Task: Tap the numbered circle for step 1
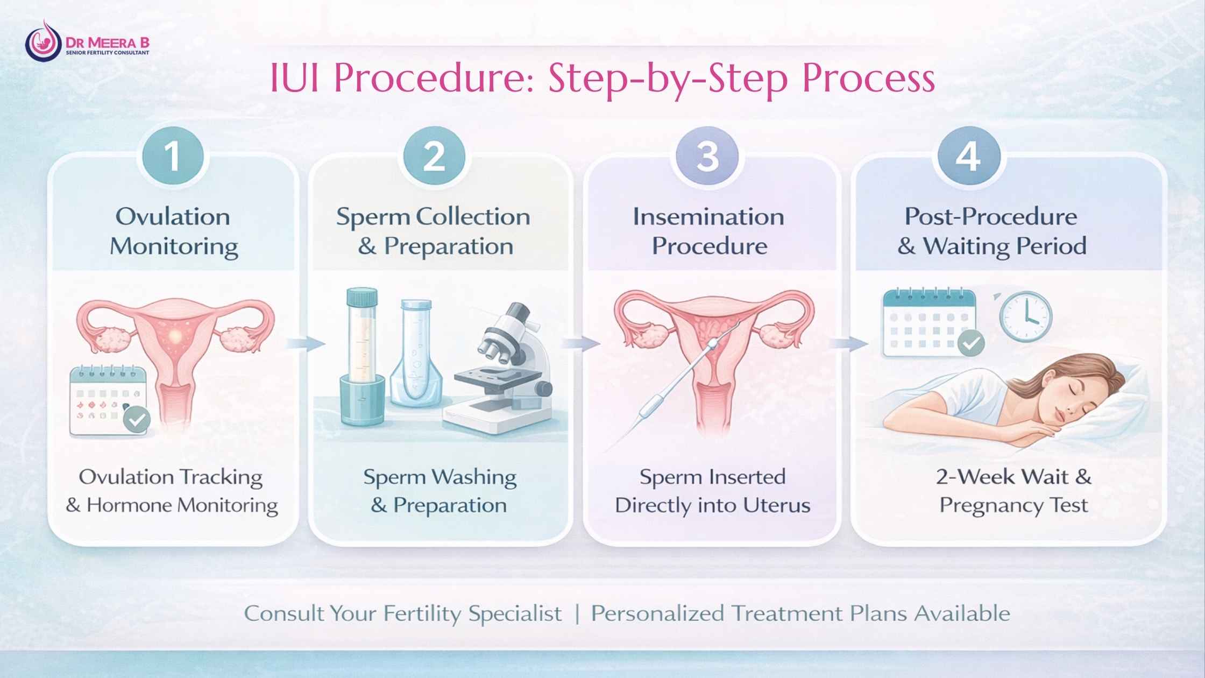coord(173,157)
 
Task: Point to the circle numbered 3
coord(707,157)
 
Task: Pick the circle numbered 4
coord(968,157)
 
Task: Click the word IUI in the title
coord(295,79)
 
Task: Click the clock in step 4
coord(1025,316)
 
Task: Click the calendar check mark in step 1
coord(137,419)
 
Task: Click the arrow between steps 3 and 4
coord(849,344)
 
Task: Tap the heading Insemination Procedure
coord(708,231)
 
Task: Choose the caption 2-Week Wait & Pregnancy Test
coord(1014,491)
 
